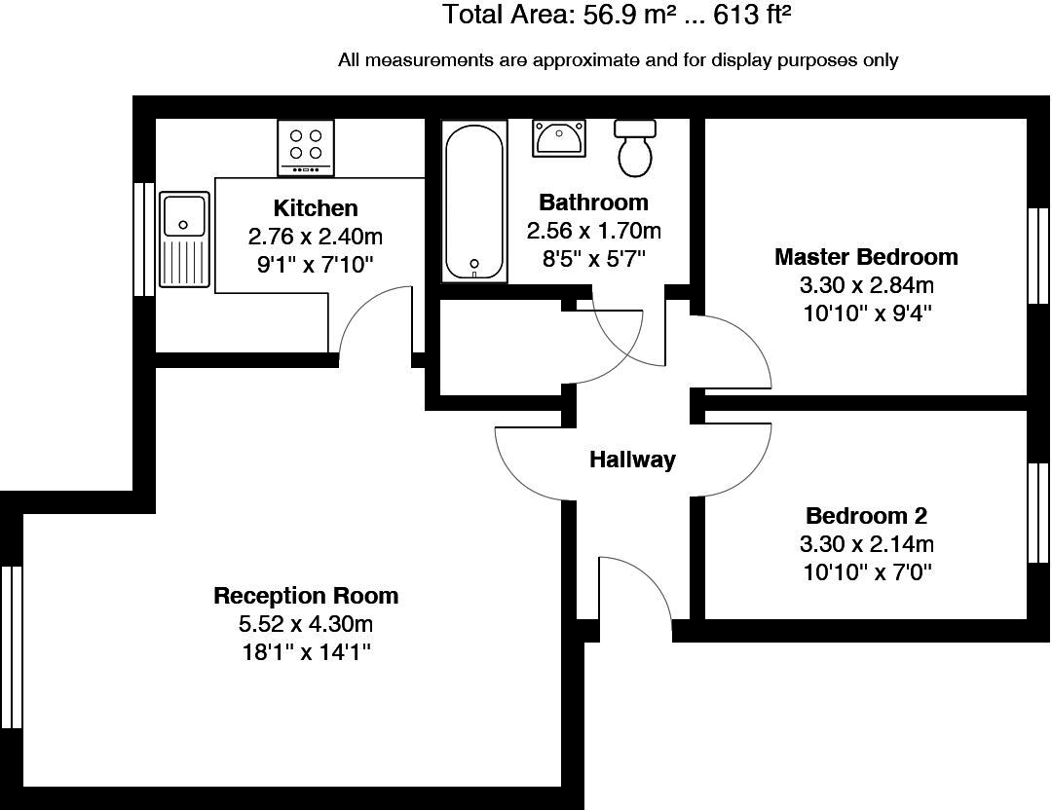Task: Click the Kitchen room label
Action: click(x=316, y=208)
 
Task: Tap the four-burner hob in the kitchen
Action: click(x=306, y=148)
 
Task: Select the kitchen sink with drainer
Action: click(x=184, y=239)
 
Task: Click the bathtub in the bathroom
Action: click(x=473, y=202)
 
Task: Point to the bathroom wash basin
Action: click(x=559, y=138)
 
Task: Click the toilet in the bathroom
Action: click(x=635, y=148)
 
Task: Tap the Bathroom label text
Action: click(x=594, y=202)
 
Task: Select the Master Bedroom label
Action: click(x=866, y=257)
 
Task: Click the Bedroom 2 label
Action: click(x=866, y=516)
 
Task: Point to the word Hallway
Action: click(x=633, y=460)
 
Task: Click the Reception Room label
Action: click(x=306, y=596)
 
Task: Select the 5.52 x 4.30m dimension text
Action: click(x=306, y=624)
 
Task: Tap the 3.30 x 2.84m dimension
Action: click(x=866, y=285)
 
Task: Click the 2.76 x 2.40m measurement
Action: click(x=316, y=237)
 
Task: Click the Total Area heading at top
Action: click(x=617, y=14)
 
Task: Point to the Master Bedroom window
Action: click(x=1038, y=256)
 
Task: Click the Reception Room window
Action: click(x=12, y=647)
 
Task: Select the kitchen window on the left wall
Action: click(x=144, y=239)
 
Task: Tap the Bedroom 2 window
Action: click(x=1038, y=513)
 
